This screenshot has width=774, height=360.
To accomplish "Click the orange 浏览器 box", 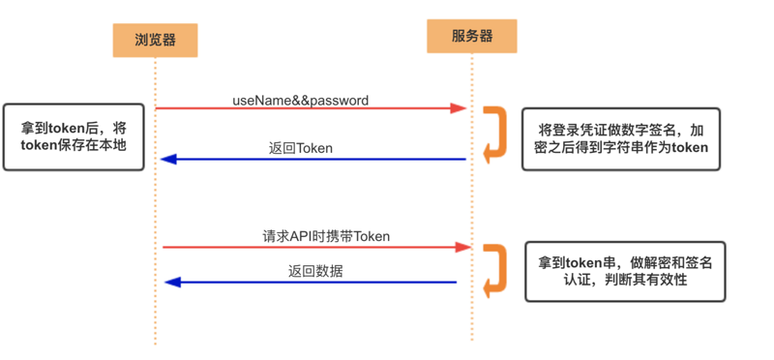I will coord(154,40).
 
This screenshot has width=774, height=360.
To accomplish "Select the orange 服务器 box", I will coord(472,36).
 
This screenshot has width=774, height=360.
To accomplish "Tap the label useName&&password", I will coord(300,100).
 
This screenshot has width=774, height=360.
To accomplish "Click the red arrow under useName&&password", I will coord(310,108).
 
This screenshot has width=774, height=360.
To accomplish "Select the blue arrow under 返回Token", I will coord(310,159).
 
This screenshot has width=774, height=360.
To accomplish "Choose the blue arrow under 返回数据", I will coord(310,283).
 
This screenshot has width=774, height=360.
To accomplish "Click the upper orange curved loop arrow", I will coord(495,133).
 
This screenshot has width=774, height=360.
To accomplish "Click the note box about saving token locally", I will coord(74,136).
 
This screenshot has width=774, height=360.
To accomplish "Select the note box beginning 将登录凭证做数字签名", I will coord(621,138).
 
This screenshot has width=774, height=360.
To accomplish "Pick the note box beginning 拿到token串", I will coord(625,270).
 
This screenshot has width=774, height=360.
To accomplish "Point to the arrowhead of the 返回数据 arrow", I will coord(172,283).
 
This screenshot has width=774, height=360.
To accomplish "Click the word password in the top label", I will coord(338,100).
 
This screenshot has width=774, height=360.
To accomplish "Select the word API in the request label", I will coord(305,236).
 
